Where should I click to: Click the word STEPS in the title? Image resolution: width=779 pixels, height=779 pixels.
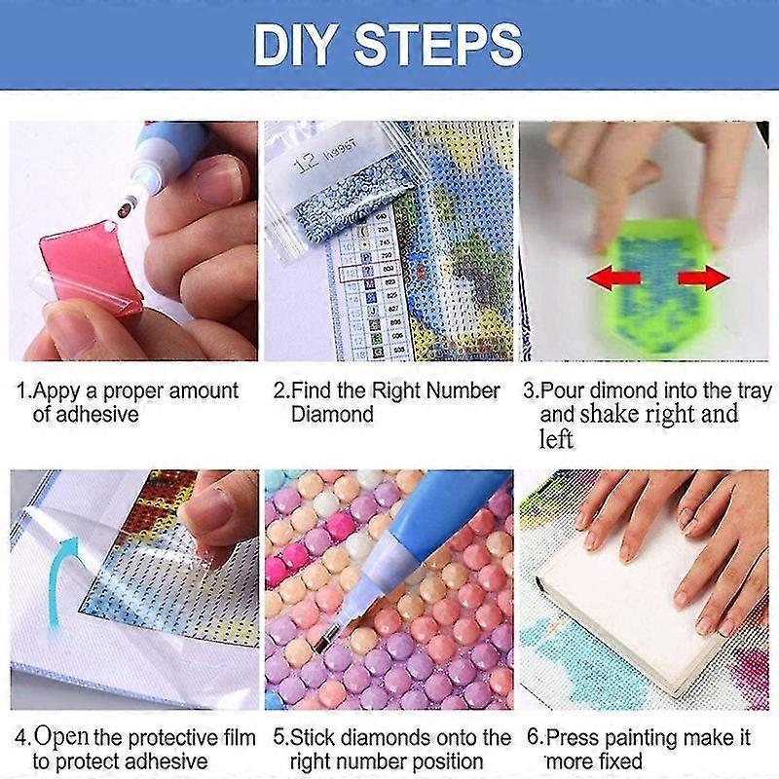437,45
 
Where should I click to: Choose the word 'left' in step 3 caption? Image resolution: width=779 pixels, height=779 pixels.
556,439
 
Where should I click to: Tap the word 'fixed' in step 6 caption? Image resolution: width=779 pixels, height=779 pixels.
619,761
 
